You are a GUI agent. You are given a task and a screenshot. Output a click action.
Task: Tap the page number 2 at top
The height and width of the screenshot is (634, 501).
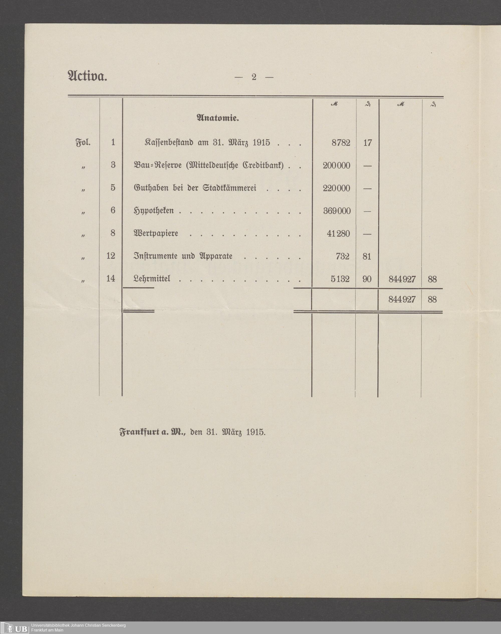(254, 77)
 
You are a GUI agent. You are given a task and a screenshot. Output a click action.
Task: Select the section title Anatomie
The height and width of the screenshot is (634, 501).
(218, 118)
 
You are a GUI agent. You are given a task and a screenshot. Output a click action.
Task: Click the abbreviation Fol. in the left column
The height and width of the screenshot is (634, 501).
(83, 143)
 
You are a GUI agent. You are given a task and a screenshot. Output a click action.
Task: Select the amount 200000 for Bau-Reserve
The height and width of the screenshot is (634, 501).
(336, 166)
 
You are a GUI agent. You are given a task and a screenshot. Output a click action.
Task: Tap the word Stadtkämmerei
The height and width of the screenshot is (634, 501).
(229, 188)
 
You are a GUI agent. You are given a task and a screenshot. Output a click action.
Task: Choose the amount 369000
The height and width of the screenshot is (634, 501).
(337, 211)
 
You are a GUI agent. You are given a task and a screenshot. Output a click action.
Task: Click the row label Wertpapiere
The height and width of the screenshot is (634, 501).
(156, 233)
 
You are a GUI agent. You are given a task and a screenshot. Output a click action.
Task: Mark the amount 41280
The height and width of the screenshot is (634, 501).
(338, 234)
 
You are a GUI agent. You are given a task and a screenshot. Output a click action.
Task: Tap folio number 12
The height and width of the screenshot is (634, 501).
(110, 256)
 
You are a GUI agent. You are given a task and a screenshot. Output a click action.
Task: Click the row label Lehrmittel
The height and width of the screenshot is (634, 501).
(152, 278)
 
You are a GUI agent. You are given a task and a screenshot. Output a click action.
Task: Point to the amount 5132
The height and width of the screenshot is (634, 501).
(340, 279)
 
